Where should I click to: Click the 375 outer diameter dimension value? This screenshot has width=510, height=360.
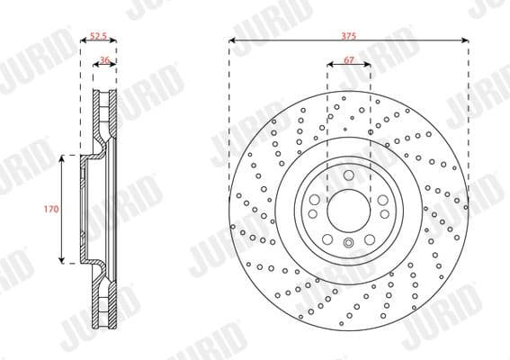coord(349,35)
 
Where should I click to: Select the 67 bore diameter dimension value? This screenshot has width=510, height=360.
coord(349,60)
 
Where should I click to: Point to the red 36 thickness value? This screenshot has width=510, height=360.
coord(104,60)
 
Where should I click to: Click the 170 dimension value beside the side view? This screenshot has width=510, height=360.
coord(51,209)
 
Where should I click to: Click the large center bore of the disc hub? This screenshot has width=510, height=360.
coord(348,210)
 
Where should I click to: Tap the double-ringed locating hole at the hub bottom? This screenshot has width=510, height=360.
coord(349,243)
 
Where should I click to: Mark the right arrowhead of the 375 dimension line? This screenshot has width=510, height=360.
coord(466,41)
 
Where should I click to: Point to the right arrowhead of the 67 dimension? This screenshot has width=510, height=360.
coord(370,67)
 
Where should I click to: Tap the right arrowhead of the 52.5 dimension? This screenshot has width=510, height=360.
coord(114,41)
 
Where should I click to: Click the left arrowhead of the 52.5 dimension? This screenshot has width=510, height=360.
coord(83,41)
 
